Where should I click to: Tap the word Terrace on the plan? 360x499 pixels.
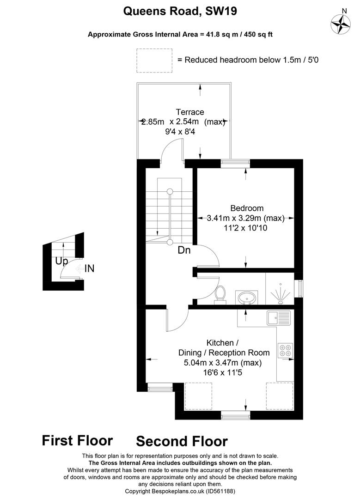[189, 112]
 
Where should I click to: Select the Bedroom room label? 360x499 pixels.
[247, 208]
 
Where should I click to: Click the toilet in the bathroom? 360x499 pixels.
[221, 295]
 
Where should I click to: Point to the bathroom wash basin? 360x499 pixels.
[247, 298]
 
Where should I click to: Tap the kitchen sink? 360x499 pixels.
[278, 318]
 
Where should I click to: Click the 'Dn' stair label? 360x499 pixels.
[184, 250]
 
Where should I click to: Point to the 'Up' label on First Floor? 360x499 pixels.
[61, 261]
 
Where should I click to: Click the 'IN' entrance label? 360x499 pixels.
[89, 268]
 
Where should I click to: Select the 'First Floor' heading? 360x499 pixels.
[77, 440]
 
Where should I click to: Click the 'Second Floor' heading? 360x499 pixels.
[182, 441]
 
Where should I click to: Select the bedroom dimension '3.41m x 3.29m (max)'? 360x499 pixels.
[245, 218]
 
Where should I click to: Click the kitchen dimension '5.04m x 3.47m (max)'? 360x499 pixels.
[223, 363]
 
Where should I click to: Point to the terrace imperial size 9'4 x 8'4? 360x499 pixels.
[189, 131]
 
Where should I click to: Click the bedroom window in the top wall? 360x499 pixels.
[233, 161]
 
